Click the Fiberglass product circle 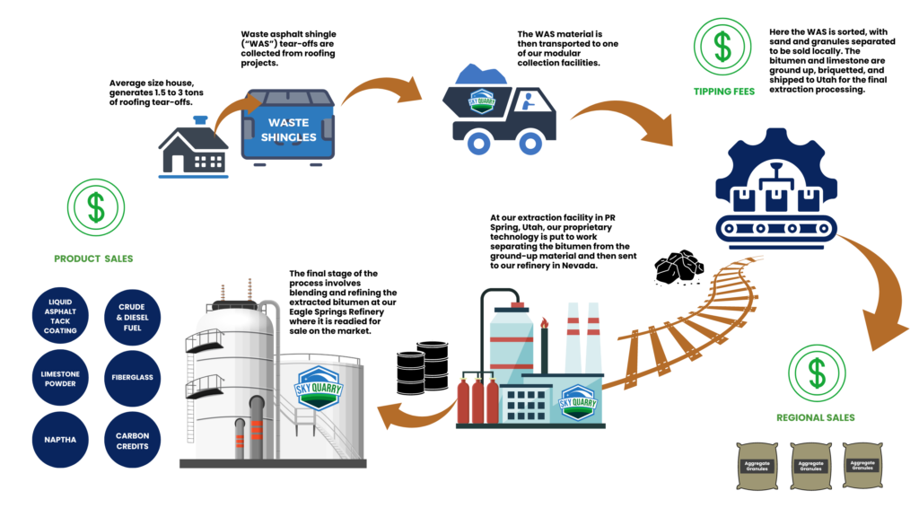tap(133, 377)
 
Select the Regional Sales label tap(816, 417)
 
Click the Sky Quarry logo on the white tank tap(319, 388)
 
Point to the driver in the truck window tap(523, 100)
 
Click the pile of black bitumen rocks tap(677, 267)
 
